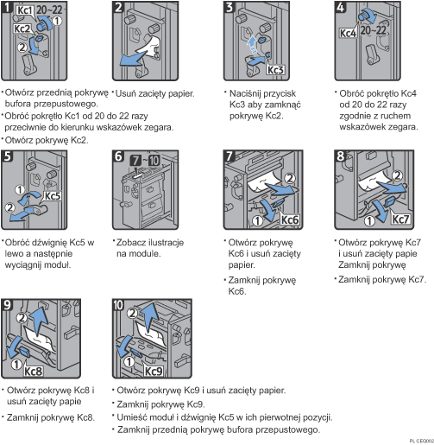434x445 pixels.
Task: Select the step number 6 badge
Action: coord(118,159)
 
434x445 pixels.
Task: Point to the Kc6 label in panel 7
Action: coord(263,219)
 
